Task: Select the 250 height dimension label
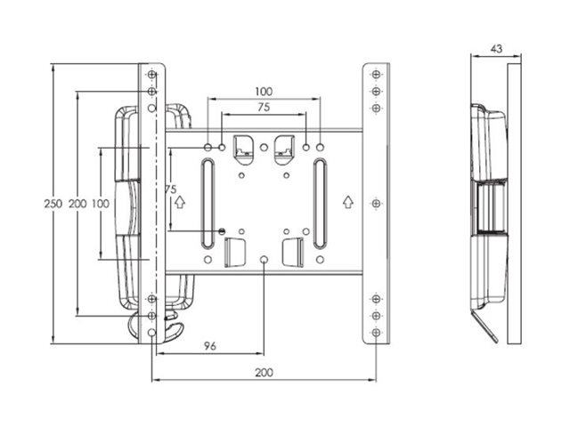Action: tap(53, 204)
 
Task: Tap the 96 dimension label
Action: tap(210, 344)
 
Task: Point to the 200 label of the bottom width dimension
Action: tap(264, 374)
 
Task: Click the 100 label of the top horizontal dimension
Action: tap(264, 92)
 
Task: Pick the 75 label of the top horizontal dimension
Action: tap(264, 108)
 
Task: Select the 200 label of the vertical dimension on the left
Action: tap(77, 204)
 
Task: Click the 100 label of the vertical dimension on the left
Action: tap(100, 204)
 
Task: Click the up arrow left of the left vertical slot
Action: tap(179, 202)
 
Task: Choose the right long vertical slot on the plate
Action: tap(319, 204)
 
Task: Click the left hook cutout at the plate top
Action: tap(244, 149)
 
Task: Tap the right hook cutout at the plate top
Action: tap(284, 149)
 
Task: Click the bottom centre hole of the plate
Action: tap(264, 260)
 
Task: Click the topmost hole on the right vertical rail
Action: tap(376, 74)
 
